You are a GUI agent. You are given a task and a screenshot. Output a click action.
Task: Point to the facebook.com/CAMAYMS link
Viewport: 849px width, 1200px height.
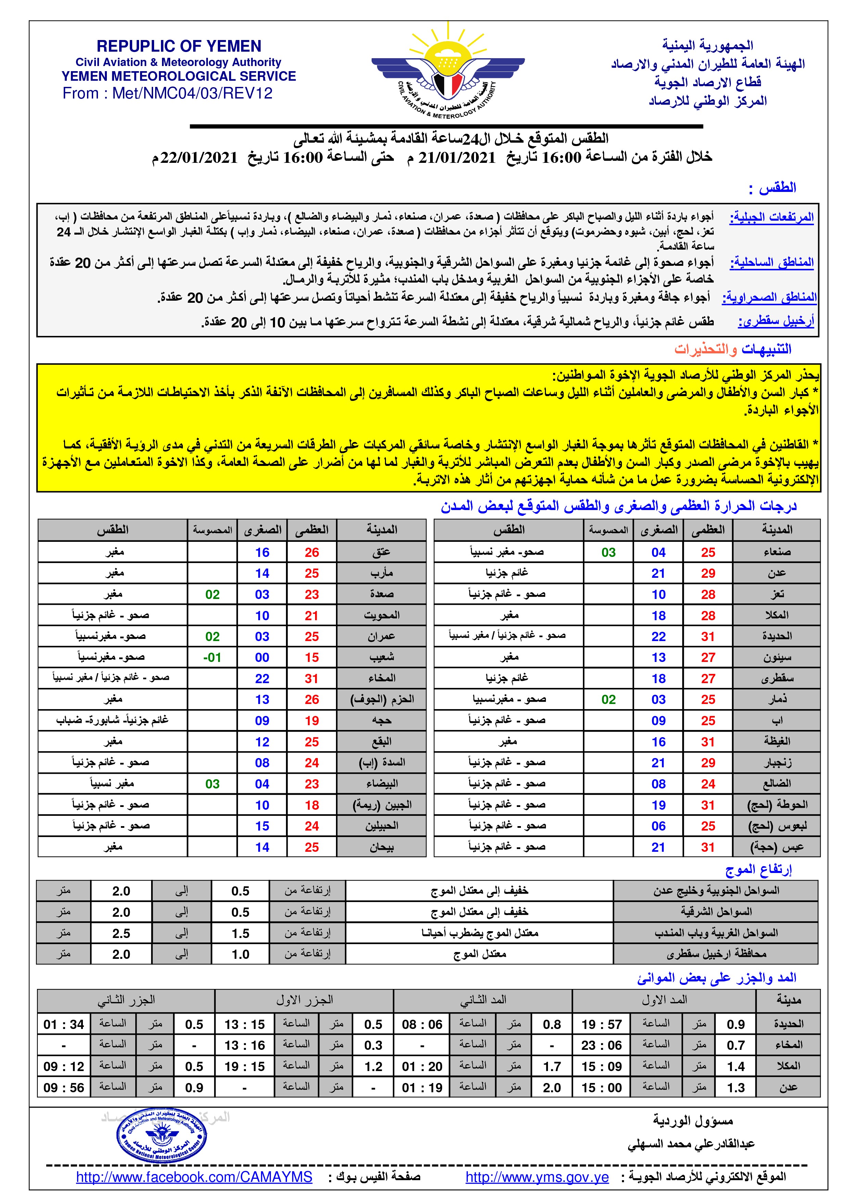click(194, 1177)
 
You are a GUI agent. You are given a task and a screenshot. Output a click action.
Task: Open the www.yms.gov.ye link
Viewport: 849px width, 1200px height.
click(537, 1177)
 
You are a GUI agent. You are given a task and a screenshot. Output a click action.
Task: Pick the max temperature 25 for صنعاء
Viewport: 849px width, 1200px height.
click(708, 552)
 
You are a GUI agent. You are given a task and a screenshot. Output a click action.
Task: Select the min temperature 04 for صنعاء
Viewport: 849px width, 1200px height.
click(658, 552)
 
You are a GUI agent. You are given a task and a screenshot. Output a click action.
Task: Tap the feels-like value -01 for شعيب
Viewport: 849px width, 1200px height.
click(212, 657)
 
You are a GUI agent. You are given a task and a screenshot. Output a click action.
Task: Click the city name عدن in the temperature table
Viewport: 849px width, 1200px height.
click(776, 573)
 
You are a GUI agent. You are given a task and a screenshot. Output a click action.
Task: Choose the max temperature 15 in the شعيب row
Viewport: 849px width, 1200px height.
click(312, 657)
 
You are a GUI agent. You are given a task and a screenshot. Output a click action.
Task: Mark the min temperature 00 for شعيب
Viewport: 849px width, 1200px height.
click(262, 657)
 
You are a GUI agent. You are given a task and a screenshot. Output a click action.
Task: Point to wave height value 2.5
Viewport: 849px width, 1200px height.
click(121, 933)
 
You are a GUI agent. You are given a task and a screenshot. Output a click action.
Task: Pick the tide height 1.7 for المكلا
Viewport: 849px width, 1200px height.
click(552, 1066)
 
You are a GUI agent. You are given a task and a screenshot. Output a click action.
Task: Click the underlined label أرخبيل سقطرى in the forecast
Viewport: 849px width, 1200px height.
click(776, 322)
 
